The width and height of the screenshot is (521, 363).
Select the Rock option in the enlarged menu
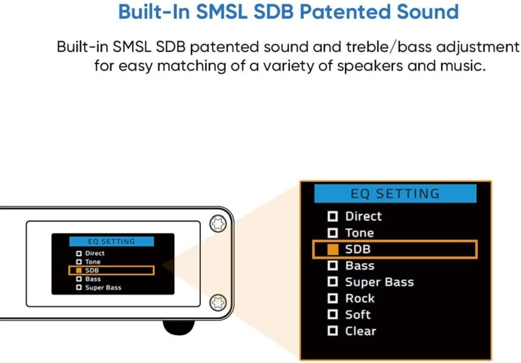tap(360, 299)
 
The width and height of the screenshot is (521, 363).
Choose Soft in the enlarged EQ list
tap(358, 315)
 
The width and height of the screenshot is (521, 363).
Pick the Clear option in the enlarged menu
tap(360, 331)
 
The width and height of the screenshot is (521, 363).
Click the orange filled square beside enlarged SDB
tap(333, 249)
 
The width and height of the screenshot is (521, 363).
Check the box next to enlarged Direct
tap(333, 217)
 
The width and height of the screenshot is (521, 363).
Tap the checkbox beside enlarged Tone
tap(333, 233)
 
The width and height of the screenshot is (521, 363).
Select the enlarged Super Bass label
tap(379, 282)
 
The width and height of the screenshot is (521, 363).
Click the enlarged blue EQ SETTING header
tap(395, 194)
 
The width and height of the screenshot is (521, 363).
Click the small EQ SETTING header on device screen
tap(111, 241)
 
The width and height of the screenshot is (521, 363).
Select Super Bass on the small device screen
tap(103, 288)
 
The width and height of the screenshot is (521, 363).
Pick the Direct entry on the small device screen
tap(94, 253)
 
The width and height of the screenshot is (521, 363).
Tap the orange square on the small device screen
tap(79, 270)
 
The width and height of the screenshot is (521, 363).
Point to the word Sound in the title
tap(431, 11)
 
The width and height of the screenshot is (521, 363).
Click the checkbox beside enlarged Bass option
tap(333, 265)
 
